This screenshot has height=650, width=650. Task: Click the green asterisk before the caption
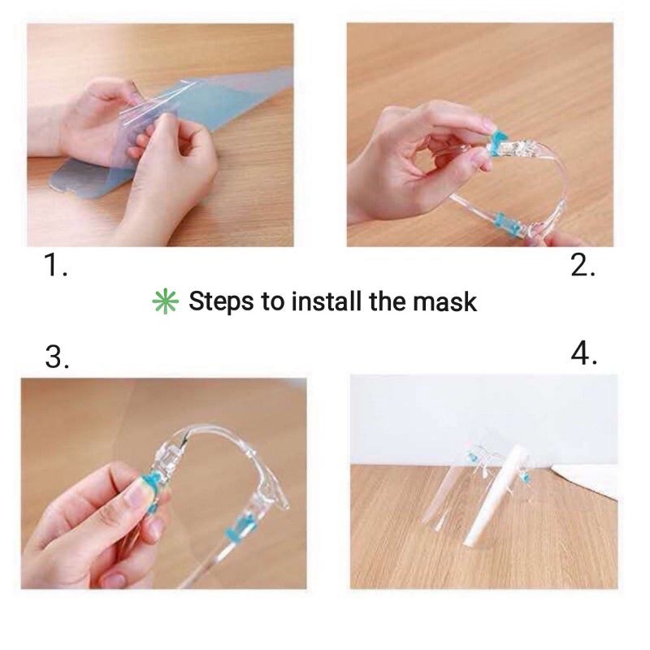(166, 301)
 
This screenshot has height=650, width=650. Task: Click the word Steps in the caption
(221, 301)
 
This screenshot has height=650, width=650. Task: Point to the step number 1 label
(55, 265)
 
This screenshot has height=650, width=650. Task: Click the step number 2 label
(583, 265)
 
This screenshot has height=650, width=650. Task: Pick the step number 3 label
(57, 357)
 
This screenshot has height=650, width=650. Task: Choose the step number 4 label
(583, 353)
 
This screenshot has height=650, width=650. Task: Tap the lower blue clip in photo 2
(508, 224)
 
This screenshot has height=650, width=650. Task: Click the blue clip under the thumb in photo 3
(155, 484)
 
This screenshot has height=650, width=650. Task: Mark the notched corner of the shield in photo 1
(63, 188)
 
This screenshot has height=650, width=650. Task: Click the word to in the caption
(272, 301)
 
